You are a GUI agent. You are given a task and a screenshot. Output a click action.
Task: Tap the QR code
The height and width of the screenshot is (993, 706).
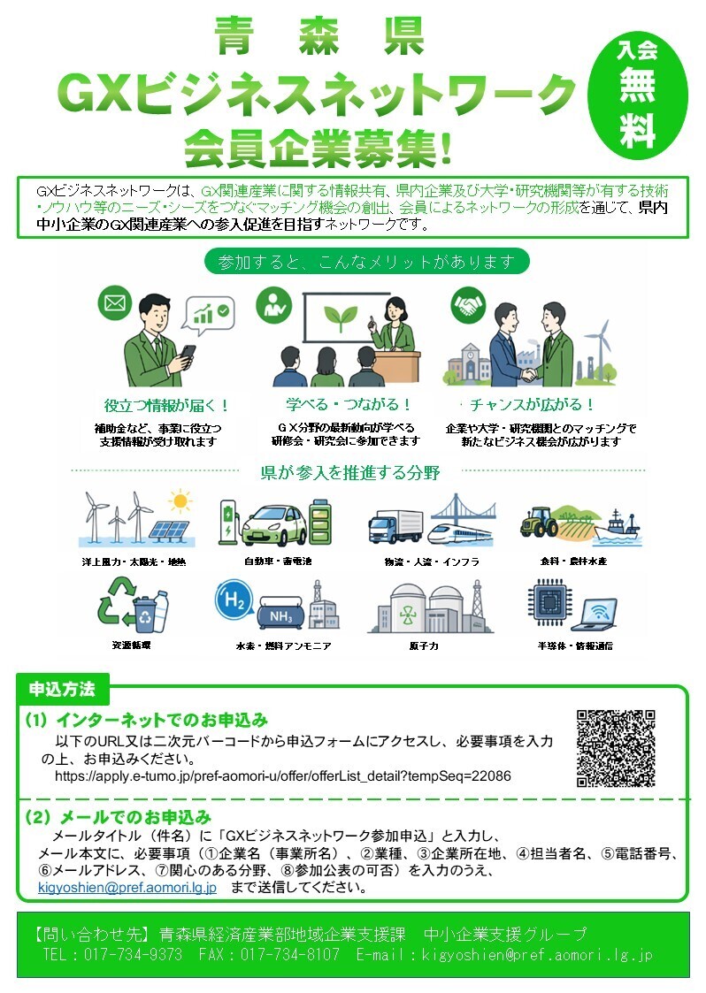click(616, 748)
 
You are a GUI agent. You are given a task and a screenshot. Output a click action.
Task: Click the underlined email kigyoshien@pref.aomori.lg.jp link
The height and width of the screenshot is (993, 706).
click(127, 887)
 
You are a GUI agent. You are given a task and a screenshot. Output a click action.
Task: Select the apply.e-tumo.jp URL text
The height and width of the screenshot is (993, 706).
click(283, 775)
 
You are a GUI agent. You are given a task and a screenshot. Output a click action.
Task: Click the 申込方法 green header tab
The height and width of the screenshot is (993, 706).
click(62, 688)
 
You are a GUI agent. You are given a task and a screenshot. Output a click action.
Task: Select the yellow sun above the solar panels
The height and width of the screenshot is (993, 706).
click(181, 502)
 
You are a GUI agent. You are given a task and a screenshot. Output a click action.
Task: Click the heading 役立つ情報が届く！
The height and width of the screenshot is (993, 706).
click(167, 406)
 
